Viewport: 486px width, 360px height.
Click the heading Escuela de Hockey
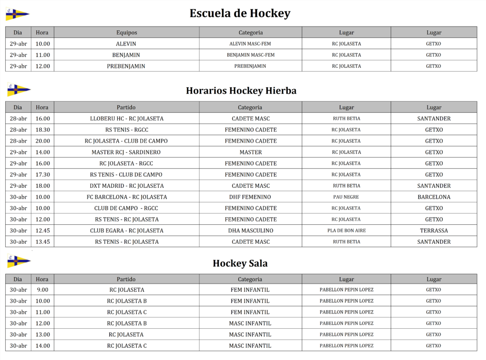tap(240, 13)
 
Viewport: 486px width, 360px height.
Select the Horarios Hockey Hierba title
tap(241, 91)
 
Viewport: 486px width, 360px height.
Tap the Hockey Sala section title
tap(240, 263)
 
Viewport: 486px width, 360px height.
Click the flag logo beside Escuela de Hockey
tap(17, 14)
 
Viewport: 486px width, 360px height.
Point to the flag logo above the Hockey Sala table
tap(19, 261)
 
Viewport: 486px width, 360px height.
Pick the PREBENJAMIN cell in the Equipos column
tap(126, 66)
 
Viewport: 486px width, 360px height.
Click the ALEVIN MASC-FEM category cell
tap(250, 44)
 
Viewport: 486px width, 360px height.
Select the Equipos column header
tap(126, 33)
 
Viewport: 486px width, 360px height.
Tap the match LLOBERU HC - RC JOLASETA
tap(126, 119)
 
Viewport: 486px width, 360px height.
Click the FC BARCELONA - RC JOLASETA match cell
tap(126, 197)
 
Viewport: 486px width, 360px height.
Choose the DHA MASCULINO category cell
tap(250, 231)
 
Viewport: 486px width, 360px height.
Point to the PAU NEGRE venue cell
tap(346, 197)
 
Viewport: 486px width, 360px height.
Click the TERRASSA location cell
tap(434, 231)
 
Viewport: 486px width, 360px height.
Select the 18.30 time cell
tap(43, 129)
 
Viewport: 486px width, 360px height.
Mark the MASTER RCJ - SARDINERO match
tap(126, 152)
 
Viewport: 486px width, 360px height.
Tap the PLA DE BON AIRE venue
tap(346, 231)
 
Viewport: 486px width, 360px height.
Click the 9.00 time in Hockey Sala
tap(43, 290)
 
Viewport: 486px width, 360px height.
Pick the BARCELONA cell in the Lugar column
tap(434, 197)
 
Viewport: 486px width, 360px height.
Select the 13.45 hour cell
tap(43, 242)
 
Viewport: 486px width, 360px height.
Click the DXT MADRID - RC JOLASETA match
tap(126, 186)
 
